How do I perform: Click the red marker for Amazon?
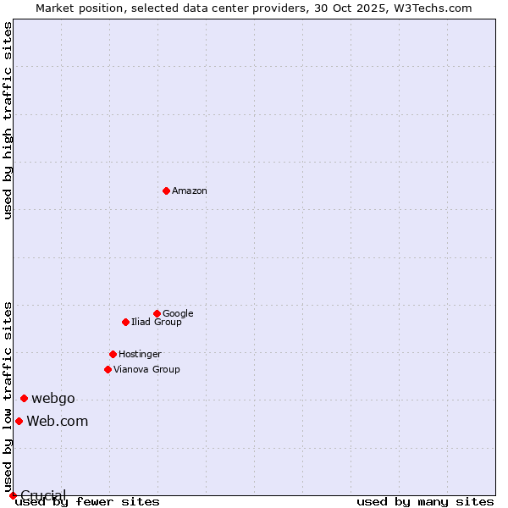click(x=166, y=190)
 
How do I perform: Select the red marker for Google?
click(x=157, y=313)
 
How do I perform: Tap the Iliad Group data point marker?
click(x=125, y=322)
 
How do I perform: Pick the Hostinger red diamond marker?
click(x=113, y=354)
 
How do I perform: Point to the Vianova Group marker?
click(x=108, y=369)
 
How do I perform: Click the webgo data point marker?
click(x=24, y=398)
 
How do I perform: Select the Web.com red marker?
click(x=19, y=421)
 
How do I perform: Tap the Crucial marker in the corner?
click(x=13, y=495)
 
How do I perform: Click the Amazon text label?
click(x=190, y=191)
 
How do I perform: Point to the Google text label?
click(x=178, y=313)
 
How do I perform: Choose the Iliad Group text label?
click(x=157, y=322)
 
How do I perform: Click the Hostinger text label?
click(x=140, y=354)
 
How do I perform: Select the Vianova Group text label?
click(x=146, y=369)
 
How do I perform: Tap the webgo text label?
click(x=53, y=399)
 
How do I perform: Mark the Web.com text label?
click(x=57, y=422)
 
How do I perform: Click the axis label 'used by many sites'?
click(x=425, y=502)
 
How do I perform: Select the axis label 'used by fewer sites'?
click(x=87, y=502)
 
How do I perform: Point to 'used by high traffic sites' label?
click(x=8, y=120)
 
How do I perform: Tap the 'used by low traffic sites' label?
click(x=8, y=396)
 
